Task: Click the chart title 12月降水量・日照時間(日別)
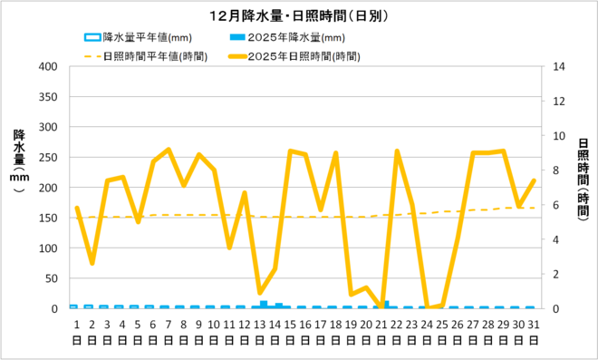tap(298, 16)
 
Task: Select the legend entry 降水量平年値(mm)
tap(140, 38)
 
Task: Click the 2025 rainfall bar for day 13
tap(264, 305)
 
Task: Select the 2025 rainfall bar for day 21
tap(385, 305)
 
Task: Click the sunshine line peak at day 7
tap(169, 150)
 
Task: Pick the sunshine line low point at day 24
tap(428, 308)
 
